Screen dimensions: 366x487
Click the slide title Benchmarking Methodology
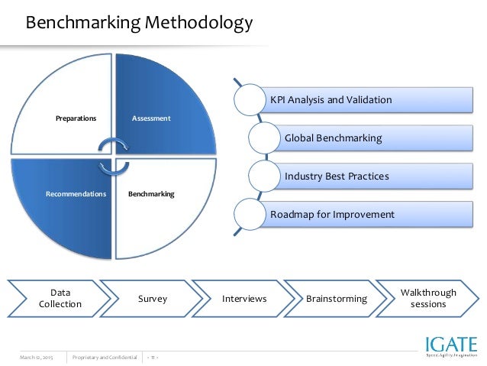coord(139,24)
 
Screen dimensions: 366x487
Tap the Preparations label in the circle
coord(76,118)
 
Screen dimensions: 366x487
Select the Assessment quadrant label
coord(151,118)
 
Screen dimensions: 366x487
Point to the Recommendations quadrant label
coord(76,194)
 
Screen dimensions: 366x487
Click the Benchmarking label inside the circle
coord(151,194)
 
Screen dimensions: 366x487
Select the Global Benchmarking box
coord(333,138)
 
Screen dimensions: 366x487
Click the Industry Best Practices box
coord(337,176)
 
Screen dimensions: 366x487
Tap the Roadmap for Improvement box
coord(332,214)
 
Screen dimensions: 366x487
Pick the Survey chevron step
coord(152,298)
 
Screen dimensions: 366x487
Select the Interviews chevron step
coord(243,298)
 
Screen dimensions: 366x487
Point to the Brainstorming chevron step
coord(336,298)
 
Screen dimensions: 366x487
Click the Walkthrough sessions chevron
coord(428,298)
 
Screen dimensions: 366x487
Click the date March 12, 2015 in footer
coord(36,357)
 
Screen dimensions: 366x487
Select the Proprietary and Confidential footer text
coord(105,357)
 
